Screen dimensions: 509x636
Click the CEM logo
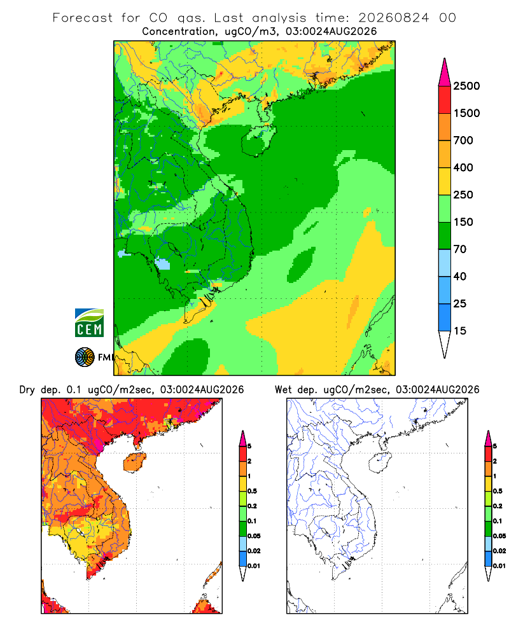pyautogui.click(x=89, y=323)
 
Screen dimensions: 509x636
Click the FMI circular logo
pyautogui.click(x=85, y=357)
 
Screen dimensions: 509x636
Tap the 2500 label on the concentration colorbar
pyautogui.click(x=466, y=86)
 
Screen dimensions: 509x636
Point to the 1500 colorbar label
pyautogui.click(x=466, y=113)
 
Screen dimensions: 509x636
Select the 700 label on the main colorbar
pyautogui.click(x=463, y=141)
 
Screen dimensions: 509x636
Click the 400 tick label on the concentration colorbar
pyautogui.click(x=463, y=167)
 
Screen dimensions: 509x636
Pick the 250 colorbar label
pyautogui.click(x=463, y=195)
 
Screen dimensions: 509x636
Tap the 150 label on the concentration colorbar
pyautogui.click(x=463, y=222)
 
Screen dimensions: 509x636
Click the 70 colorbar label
pyautogui.click(x=460, y=249)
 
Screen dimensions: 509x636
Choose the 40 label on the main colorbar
pyautogui.click(x=460, y=276)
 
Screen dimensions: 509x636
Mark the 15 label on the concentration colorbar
pyautogui.click(x=460, y=331)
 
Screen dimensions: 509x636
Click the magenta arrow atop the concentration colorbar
pyautogui.click(x=445, y=73)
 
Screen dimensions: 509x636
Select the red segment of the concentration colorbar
pyautogui.click(x=445, y=100)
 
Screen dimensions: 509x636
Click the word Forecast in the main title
pyautogui.click(x=83, y=18)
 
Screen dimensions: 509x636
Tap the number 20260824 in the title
pyautogui.click(x=393, y=18)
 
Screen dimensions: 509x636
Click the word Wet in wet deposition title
pyautogui.click(x=283, y=390)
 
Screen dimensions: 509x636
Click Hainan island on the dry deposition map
pyautogui.click(x=134, y=462)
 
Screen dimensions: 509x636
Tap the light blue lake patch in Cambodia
pyautogui.click(x=162, y=264)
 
